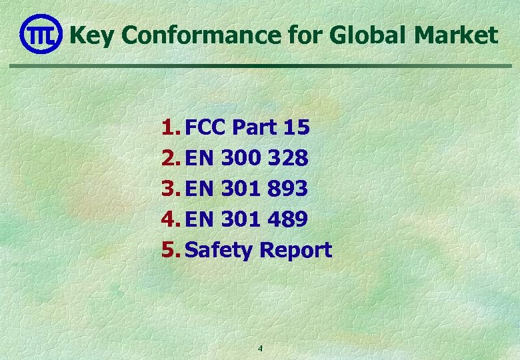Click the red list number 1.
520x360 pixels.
click(x=170, y=127)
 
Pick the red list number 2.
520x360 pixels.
click(x=170, y=158)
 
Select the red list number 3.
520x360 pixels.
click(x=170, y=189)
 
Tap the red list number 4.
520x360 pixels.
click(x=170, y=219)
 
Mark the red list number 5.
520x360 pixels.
click(x=170, y=250)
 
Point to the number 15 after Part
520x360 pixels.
click(x=295, y=127)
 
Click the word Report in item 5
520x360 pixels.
click(x=295, y=251)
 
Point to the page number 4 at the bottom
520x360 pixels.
click(x=260, y=349)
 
